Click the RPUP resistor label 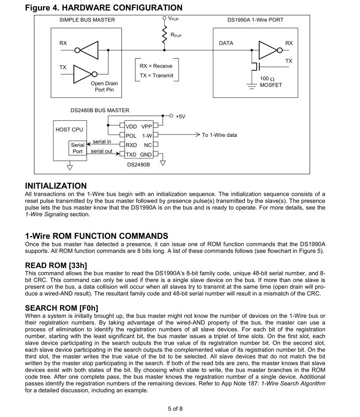[x=176, y=34]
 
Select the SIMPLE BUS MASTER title [x=87, y=20]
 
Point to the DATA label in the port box [x=226, y=43]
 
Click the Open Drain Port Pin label [x=104, y=86]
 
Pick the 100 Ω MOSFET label [x=270, y=82]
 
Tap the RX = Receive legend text [x=156, y=66]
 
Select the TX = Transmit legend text [x=156, y=75]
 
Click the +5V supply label [x=181, y=116]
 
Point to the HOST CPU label [x=69, y=130]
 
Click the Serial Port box [x=77, y=148]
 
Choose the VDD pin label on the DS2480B [x=131, y=127]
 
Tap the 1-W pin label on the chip [x=147, y=136]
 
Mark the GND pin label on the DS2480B [x=146, y=155]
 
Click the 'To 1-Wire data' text [x=220, y=135]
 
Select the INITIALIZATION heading [x=56, y=186]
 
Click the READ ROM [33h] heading [x=56, y=265]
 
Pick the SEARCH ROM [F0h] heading [x=61, y=308]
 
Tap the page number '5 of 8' [x=175, y=409]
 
